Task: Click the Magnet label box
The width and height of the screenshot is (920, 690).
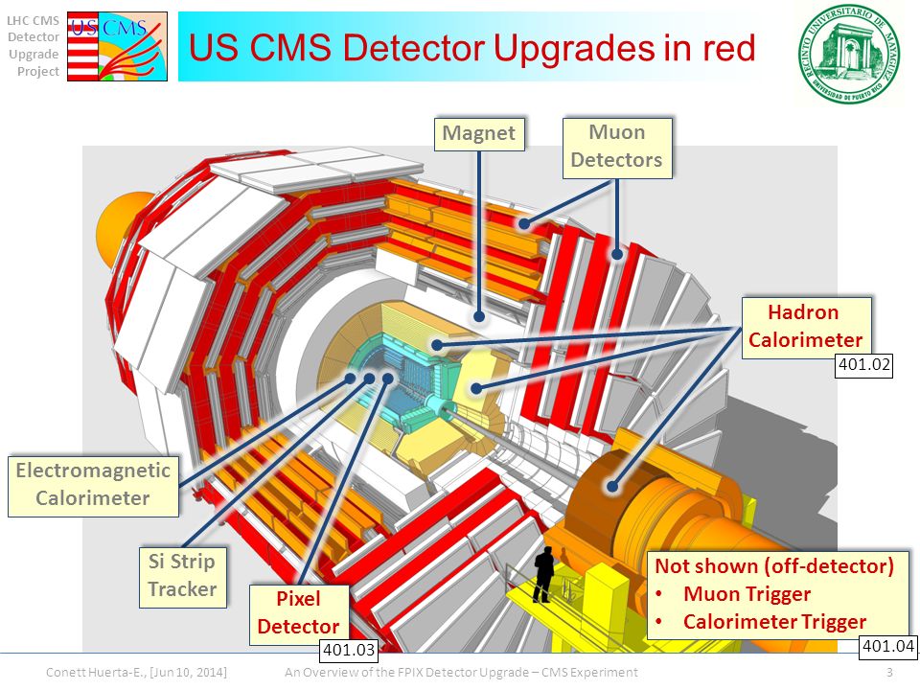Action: pyautogui.click(x=479, y=133)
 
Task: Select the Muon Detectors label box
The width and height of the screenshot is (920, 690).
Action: pyautogui.click(x=616, y=147)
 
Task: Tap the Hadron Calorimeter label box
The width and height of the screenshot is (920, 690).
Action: pyautogui.click(x=805, y=326)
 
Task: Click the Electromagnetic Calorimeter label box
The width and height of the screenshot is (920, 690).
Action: pyautogui.click(x=92, y=484)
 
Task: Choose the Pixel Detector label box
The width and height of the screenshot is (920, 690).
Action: pyautogui.click(x=298, y=613)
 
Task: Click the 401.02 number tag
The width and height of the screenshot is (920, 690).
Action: pyautogui.click(x=864, y=364)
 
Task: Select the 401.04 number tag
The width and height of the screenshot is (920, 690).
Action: pyautogui.click(x=889, y=646)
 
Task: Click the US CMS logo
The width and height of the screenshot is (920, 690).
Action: pyautogui.click(x=118, y=45)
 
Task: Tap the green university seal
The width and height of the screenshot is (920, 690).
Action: pyautogui.click(x=851, y=52)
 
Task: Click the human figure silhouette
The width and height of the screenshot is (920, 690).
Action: pyautogui.click(x=543, y=573)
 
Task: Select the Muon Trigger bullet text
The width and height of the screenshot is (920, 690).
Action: pyautogui.click(x=747, y=594)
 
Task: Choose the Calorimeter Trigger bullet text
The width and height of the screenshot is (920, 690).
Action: pyautogui.click(x=774, y=621)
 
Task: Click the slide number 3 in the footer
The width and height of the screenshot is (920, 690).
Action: pyautogui.click(x=890, y=673)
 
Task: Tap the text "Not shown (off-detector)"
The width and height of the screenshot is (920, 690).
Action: pyautogui.click(x=774, y=566)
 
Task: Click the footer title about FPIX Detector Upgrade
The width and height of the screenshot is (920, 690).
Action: pyautogui.click(x=461, y=673)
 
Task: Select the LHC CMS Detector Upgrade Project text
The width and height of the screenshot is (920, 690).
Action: pyautogui.click(x=34, y=45)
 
